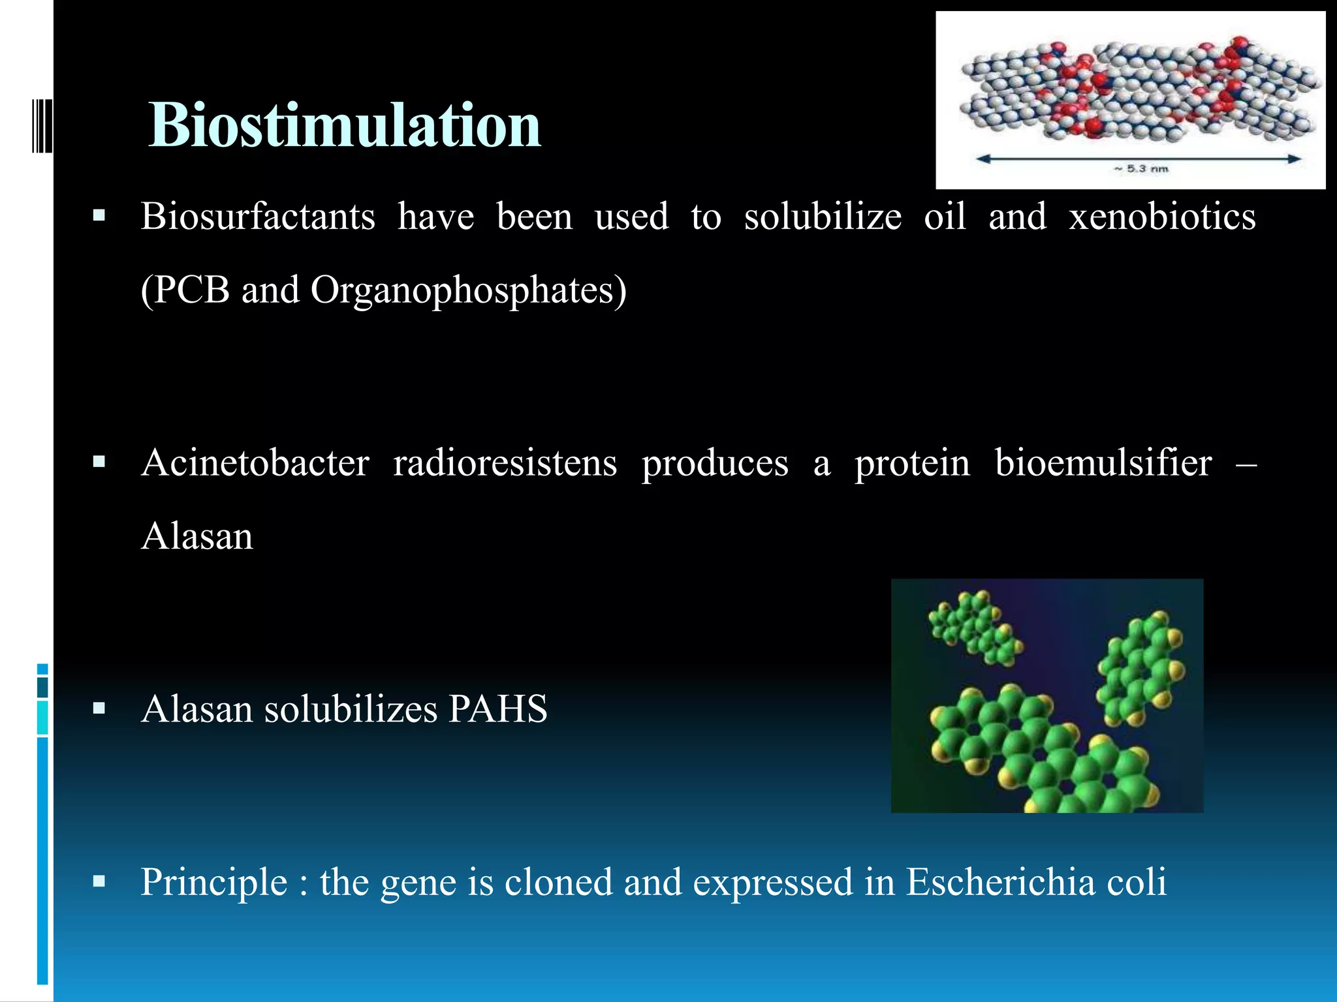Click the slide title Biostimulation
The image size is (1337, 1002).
coord(344,125)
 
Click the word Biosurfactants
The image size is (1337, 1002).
coord(258,217)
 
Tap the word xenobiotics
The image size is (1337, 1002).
coord(1162,217)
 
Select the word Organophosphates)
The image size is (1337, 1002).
coord(468,290)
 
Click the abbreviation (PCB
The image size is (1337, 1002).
coord(185,290)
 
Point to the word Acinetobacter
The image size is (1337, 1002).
coord(255,463)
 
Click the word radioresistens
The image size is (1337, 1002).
coord(505,463)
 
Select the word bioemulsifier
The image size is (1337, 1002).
coord(1103,463)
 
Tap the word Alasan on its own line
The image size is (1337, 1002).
coord(197,537)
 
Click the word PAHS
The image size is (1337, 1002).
coord(497,709)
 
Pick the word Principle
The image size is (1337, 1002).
coord(214,882)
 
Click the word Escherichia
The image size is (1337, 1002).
coord(1000,882)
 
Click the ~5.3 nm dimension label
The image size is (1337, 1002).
coord(1140,169)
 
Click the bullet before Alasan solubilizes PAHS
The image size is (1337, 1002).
coord(99,709)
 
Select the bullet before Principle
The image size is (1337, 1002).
coord(99,882)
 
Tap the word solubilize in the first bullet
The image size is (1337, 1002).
coord(823,217)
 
